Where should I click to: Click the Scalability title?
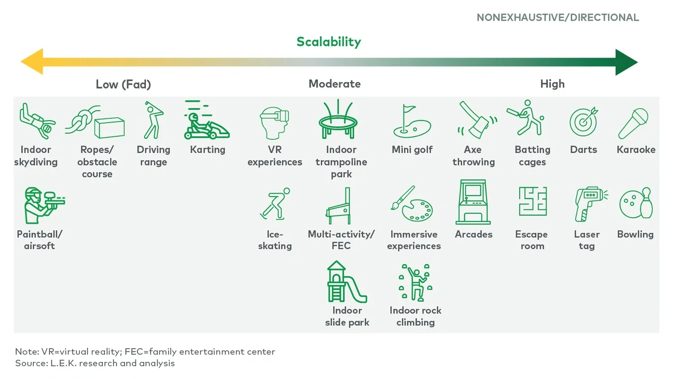tap(329, 42)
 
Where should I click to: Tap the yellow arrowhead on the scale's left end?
tap(31, 62)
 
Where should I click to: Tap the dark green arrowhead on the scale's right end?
tap(627, 62)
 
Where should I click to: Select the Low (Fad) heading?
tap(123, 84)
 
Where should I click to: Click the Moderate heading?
tap(334, 84)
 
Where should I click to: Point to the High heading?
tap(552, 84)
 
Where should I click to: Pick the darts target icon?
tap(584, 122)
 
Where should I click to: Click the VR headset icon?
tap(274, 123)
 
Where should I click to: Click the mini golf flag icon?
tap(412, 122)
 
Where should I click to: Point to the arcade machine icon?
tap(473, 202)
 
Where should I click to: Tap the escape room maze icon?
tap(532, 202)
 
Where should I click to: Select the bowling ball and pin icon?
tap(636, 203)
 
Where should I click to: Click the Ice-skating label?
tap(275, 240)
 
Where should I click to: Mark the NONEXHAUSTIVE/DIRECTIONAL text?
tap(558, 18)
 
